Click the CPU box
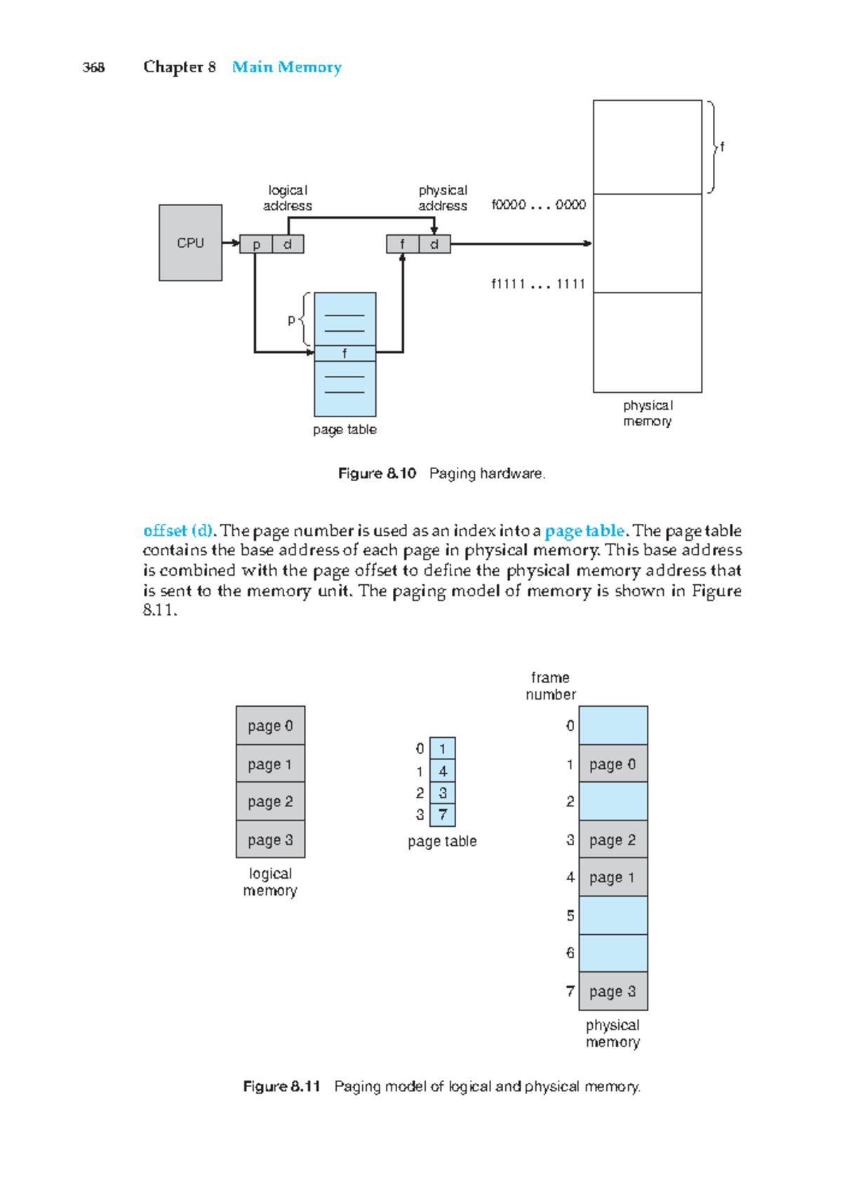(x=190, y=243)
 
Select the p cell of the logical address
(x=256, y=244)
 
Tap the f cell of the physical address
(x=402, y=244)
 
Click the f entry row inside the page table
(x=345, y=353)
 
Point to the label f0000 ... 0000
(x=538, y=205)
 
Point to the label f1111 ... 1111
(x=538, y=284)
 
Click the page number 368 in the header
(x=93, y=67)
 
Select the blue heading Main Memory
(x=286, y=67)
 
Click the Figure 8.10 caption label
(x=377, y=473)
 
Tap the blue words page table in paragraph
(x=584, y=531)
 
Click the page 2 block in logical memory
(x=270, y=802)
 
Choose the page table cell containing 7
(x=442, y=815)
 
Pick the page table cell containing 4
(x=442, y=771)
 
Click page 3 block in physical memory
(x=613, y=991)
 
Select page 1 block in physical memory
(x=613, y=877)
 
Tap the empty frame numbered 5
(x=613, y=915)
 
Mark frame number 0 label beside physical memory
(x=570, y=726)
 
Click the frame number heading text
(x=551, y=686)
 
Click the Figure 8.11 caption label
(x=281, y=1086)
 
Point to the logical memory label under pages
(x=270, y=882)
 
